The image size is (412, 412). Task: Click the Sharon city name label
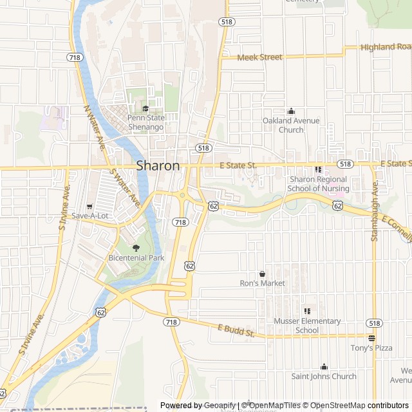click(x=158, y=165)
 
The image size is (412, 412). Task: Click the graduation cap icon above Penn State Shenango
click(x=145, y=108)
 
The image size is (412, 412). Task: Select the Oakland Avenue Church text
click(x=291, y=125)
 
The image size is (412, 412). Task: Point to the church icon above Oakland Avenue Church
click(x=291, y=111)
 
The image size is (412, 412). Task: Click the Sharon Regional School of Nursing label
click(x=319, y=183)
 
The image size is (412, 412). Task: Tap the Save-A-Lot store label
click(x=89, y=216)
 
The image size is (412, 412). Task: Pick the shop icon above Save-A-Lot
click(x=89, y=206)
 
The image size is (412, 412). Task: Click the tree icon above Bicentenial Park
click(x=135, y=248)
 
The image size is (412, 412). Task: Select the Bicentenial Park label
click(x=136, y=257)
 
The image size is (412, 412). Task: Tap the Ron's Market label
click(x=262, y=283)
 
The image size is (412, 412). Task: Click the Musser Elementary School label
click(x=307, y=326)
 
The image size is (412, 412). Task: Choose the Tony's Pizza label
click(x=371, y=348)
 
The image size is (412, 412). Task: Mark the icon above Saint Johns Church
click(x=324, y=366)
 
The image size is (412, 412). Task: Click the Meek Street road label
click(x=259, y=57)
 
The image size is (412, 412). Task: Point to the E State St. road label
click(x=238, y=165)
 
